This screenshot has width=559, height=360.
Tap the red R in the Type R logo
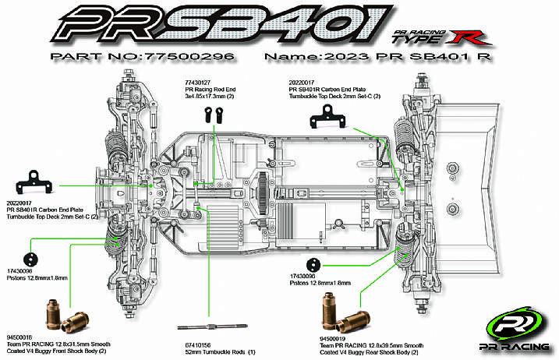470,35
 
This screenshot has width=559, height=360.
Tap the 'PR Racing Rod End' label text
207,90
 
